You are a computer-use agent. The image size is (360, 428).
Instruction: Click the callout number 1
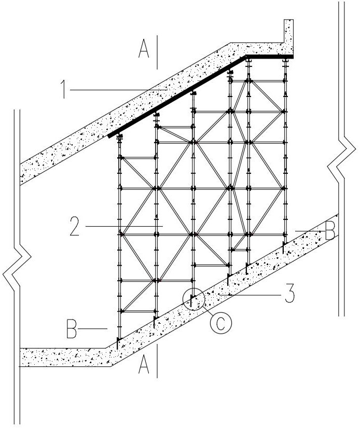64,89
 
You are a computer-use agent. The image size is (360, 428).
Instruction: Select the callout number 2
74,226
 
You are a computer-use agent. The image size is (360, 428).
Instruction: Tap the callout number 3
290,293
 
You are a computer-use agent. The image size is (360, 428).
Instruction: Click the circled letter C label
220,322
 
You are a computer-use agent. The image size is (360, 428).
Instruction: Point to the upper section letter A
144,48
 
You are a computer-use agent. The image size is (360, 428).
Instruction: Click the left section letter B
72,329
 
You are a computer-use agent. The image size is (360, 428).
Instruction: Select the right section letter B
330,230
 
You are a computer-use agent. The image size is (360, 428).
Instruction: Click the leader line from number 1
119,90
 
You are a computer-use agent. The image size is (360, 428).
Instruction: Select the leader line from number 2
124,226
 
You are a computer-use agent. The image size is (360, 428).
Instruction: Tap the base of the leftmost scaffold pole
118,342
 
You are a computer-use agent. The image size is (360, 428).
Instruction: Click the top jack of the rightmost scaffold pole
285,61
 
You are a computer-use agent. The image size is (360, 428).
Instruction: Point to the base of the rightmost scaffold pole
284,246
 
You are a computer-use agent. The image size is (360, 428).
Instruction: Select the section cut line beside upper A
157,52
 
